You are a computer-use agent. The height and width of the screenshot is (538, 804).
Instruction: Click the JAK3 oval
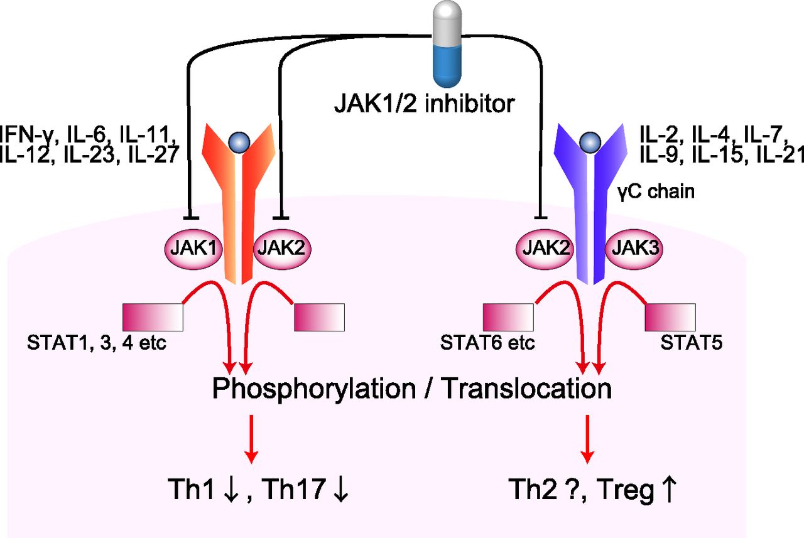633,249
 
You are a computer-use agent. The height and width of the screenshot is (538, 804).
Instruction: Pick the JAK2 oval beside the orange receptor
282,249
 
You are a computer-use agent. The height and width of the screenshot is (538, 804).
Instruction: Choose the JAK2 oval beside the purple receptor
545,249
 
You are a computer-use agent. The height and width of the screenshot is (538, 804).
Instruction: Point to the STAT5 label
688,343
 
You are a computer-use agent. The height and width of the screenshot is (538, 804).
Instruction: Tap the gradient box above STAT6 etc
509,317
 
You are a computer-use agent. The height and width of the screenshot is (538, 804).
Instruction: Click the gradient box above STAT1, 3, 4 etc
153,317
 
